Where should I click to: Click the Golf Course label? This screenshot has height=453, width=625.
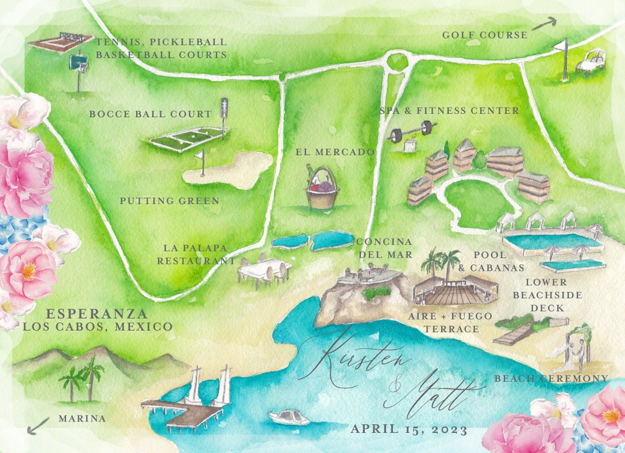pos(484,35)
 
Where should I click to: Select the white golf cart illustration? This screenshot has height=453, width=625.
pos(590,61)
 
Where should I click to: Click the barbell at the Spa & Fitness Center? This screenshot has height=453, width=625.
pos(411,131)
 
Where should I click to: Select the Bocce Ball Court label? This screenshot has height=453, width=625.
pos(150,114)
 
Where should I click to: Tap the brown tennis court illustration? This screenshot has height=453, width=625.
pos(60,42)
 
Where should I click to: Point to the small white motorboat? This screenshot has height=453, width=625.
pos(288,417)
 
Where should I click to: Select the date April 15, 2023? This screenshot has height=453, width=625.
pos(409,429)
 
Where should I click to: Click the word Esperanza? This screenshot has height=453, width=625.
pos(97,314)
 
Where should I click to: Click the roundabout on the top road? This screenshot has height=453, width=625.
pos(397,61)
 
